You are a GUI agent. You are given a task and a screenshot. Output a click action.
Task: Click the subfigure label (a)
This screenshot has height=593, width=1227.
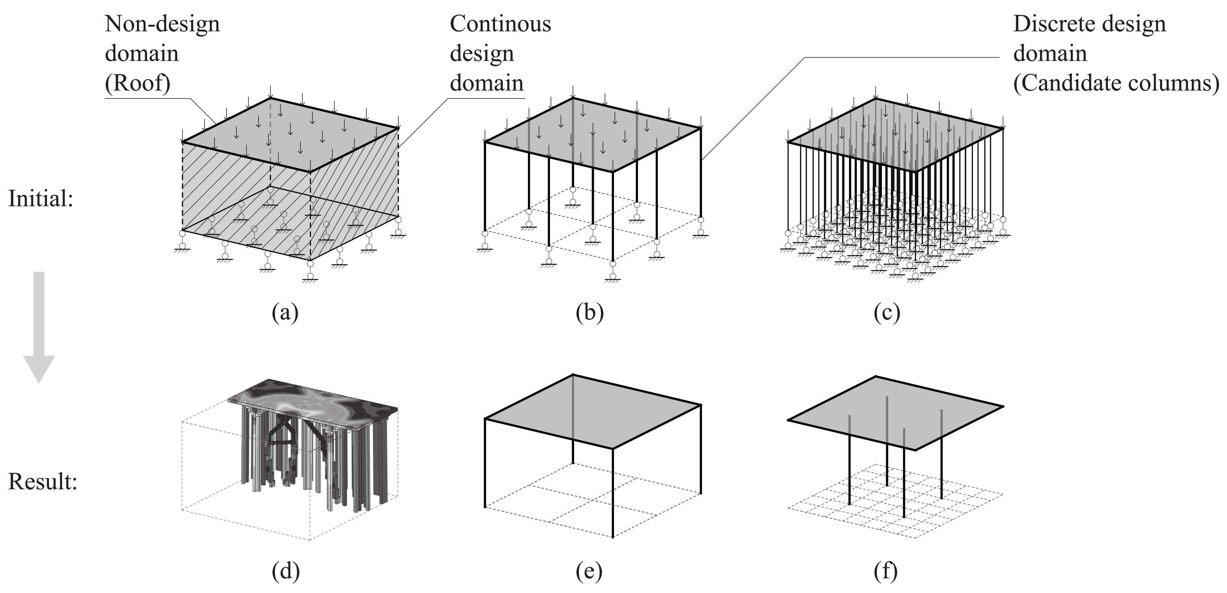coord(285,314)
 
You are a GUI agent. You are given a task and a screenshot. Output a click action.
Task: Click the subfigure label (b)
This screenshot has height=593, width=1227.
coord(589,314)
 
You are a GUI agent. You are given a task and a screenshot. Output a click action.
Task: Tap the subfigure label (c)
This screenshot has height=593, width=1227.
coord(887,314)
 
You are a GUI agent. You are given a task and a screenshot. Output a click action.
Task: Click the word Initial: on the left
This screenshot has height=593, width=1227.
coord(41,199)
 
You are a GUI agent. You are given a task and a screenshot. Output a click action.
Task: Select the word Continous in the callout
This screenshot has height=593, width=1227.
coord(500,24)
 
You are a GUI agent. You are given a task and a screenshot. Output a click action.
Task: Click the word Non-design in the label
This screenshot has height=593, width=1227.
coord(162,24)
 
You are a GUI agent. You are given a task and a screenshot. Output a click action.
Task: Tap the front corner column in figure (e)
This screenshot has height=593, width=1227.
coord(613,493)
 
